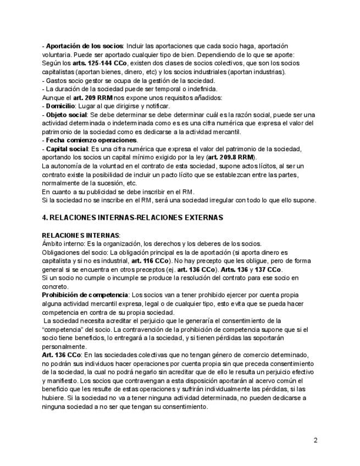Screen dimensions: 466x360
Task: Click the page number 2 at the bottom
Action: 315,440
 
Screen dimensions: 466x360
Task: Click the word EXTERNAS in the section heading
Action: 198,218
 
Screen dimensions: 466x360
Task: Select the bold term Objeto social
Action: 67,114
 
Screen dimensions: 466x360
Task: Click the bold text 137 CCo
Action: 269,269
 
